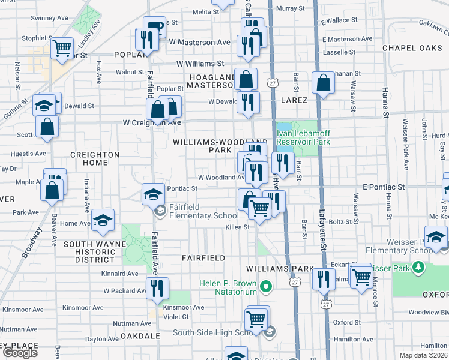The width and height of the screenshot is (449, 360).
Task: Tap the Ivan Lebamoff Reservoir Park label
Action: (x=303, y=137)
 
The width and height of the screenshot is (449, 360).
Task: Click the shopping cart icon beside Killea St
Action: (x=259, y=208)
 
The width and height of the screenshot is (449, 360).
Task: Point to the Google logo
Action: (x=20, y=353)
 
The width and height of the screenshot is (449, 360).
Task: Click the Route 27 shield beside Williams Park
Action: (x=294, y=282)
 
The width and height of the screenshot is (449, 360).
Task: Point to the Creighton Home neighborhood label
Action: (x=95, y=158)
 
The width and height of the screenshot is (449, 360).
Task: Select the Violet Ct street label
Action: (x=176, y=317)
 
